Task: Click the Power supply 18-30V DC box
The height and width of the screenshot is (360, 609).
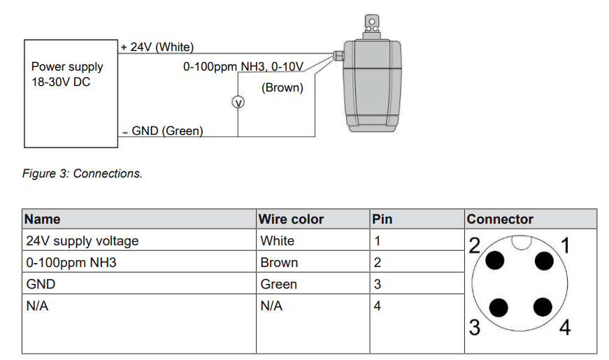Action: (x=70, y=93)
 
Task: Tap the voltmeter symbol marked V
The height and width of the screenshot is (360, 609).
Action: (x=238, y=103)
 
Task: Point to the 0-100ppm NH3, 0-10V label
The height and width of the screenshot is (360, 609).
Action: (x=243, y=67)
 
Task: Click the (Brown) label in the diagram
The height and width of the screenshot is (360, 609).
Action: (x=282, y=88)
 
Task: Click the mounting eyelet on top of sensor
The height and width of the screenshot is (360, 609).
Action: (x=372, y=23)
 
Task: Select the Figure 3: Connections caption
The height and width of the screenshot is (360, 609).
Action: (x=83, y=173)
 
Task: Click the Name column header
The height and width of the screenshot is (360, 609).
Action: (x=43, y=219)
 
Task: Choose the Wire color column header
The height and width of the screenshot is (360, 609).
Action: (x=292, y=219)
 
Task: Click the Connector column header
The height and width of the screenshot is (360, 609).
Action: (x=500, y=219)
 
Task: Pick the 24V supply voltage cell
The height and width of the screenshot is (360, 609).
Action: (x=83, y=240)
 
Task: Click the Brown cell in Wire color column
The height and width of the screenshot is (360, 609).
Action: (x=279, y=262)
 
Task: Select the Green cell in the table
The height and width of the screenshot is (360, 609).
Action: (x=278, y=284)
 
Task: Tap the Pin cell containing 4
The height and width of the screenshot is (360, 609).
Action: (x=378, y=305)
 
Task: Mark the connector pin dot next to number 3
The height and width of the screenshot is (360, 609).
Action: (x=498, y=308)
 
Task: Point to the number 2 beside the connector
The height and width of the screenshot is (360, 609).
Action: (x=475, y=246)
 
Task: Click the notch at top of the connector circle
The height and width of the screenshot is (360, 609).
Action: (x=521, y=243)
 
